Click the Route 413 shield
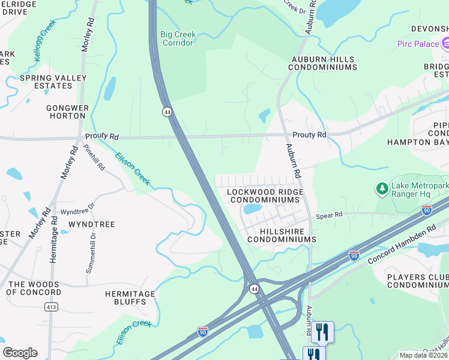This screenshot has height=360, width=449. click(x=50, y=307)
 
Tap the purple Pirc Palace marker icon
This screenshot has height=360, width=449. click(x=445, y=43)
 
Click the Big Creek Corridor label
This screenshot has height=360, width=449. click(x=178, y=38)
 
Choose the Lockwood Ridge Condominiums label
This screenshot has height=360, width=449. click(x=265, y=196)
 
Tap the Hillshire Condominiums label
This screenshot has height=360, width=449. click(x=279, y=235)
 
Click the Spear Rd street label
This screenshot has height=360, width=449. click(x=329, y=215)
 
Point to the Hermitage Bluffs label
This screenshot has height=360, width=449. click(x=130, y=298)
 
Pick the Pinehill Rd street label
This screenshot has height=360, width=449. click(x=94, y=157)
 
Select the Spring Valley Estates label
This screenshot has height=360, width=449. click(x=46, y=82)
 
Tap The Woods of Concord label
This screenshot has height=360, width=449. click(x=34, y=288)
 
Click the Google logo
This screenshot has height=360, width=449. click(x=20, y=353)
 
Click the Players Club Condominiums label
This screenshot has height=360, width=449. click(x=418, y=281)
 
